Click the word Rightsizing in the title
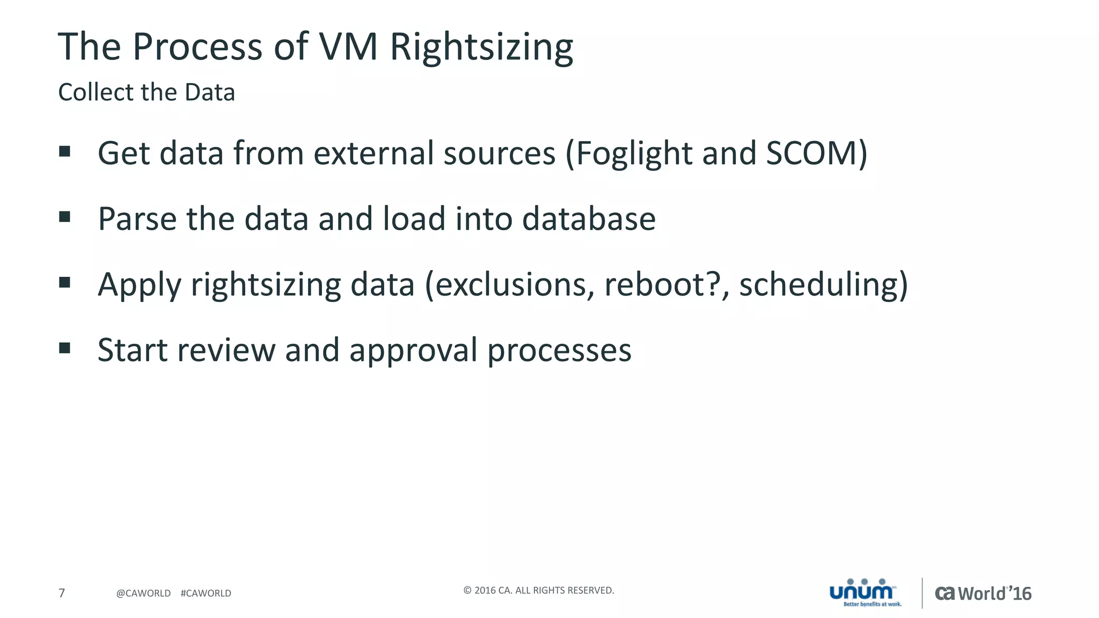[481, 47]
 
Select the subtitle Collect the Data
[146, 92]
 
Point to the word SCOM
[811, 154]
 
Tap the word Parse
[137, 219]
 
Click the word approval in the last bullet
[413, 350]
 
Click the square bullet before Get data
[65, 151]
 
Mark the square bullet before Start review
[65, 348]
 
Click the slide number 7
[62, 593]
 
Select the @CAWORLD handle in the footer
[143, 593]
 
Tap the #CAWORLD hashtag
[206, 593]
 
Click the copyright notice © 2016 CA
[538, 590]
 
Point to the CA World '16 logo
[983, 593]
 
